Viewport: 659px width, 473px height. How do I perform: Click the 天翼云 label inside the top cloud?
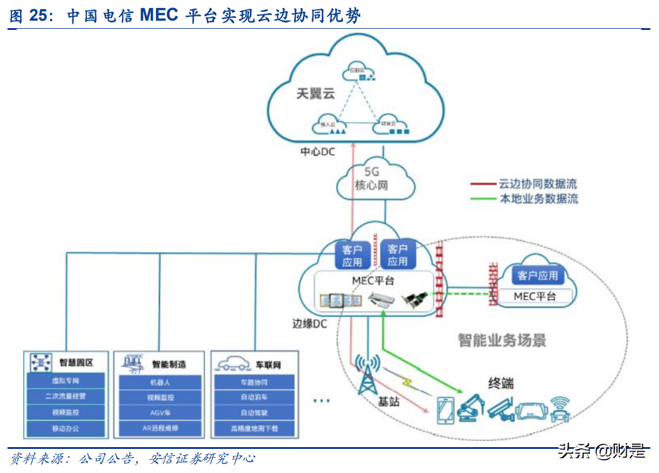[x=315, y=94]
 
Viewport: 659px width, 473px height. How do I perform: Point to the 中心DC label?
[x=317, y=152]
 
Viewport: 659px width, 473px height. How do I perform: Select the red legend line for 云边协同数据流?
[x=482, y=184]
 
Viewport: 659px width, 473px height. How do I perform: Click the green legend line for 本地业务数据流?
[x=482, y=199]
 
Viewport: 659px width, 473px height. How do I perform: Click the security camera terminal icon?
[x=500, y=407]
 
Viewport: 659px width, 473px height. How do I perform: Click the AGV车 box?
[x=160, y=413]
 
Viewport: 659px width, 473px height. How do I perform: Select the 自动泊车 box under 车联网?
[x=254, y=397]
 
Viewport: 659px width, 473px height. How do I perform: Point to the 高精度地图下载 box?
[x=254, y=428]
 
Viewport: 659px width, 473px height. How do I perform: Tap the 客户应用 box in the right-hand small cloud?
[x=538, y=276]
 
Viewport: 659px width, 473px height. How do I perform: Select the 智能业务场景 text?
[x=502, y=340]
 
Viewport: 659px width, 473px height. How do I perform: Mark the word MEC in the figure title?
[x=159, y=16]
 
